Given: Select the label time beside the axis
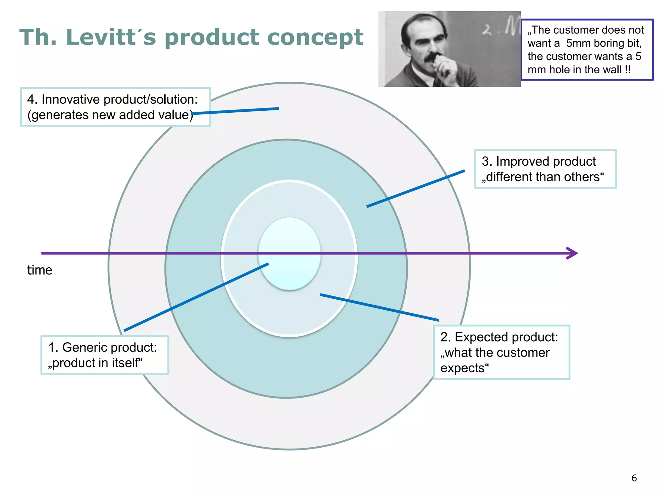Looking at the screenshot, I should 40,270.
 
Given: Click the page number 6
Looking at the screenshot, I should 634,478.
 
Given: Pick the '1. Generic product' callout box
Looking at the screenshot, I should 105,355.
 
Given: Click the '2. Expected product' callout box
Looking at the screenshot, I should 501,352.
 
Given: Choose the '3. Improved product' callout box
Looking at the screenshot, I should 545,169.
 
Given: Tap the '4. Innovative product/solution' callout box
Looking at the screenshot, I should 115,107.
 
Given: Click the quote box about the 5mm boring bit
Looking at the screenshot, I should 587,49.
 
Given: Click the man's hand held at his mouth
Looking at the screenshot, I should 445,66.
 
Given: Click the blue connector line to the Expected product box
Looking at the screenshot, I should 379,307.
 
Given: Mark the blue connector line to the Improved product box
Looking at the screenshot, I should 416,188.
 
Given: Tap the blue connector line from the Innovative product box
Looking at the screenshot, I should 235,111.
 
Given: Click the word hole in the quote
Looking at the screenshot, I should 560,70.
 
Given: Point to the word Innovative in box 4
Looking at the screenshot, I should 70,99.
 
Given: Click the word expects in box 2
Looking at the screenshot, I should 464,368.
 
